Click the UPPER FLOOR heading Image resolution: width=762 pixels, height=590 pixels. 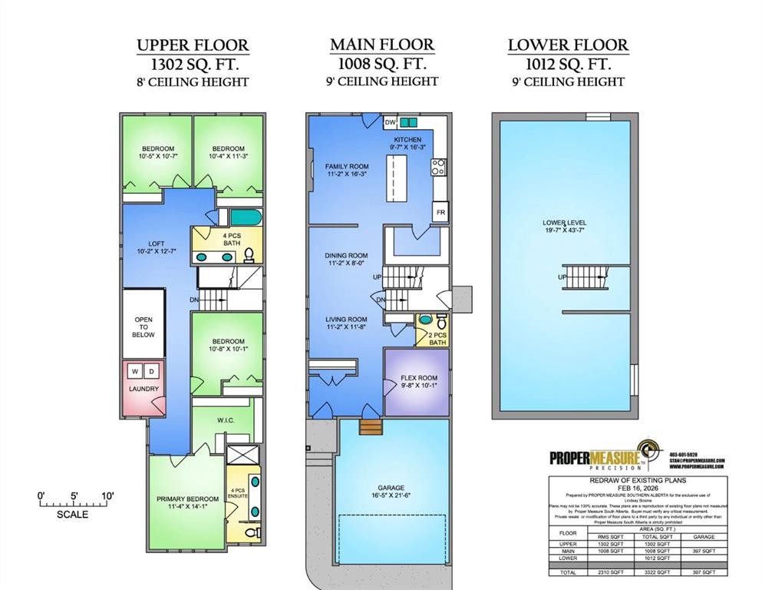(x=193, y=45)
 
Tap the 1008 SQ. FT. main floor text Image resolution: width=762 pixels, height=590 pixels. (x=382, y=64)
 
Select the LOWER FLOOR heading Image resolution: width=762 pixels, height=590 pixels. (x=568, y=45)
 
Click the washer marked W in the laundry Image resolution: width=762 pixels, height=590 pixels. (x=135, y=371)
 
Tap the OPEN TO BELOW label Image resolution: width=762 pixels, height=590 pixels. (x=143, y=327)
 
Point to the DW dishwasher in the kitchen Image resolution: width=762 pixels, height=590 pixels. (x=390, y=122)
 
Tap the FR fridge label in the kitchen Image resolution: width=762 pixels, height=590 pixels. (x=440, y=212)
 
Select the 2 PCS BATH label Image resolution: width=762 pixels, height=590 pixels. (x=437, y=337)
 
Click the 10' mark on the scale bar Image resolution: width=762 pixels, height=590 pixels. (x=107, y=496)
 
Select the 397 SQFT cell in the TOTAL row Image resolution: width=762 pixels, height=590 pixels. (x=704, y=572)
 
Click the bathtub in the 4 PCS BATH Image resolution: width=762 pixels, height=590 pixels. (x=246, y=216)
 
